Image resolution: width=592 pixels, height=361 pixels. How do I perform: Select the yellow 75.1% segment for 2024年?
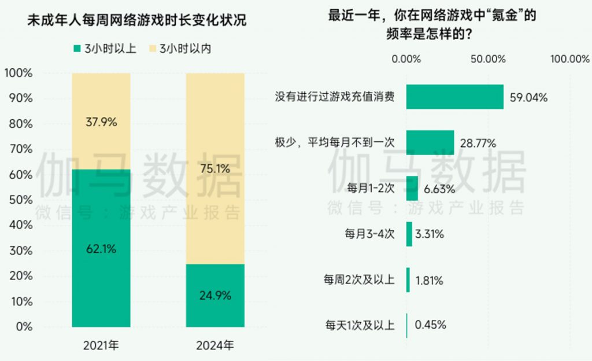pos(215,169)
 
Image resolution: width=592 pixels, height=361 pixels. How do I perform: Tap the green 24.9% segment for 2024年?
pos(215,295)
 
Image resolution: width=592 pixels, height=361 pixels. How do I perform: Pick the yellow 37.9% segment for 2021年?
pos(101,121)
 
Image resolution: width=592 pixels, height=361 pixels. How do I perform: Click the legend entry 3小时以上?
pos(105,49)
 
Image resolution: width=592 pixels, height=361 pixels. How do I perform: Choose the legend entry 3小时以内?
pos(179,49)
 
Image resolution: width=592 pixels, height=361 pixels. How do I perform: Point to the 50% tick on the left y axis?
pos(20,200)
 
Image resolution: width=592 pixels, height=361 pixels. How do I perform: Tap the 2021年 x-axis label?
pos(101,346)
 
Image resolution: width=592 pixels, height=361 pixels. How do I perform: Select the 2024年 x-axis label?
pos(215,346)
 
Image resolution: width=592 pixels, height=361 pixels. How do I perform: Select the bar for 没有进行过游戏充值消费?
pos(454,97)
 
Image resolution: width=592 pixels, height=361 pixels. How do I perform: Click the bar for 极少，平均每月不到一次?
pos(430,142)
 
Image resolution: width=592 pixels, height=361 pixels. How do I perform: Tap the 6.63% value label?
pos(439,189)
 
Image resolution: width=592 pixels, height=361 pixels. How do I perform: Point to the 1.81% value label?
pos(429,281)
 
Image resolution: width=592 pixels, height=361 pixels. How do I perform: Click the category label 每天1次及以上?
pos(360,326)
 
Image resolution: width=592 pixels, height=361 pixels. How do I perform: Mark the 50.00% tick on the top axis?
pos(489,59)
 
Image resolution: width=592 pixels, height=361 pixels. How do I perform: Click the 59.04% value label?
pos(528,97)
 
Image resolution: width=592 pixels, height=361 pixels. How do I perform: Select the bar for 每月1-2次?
pos(412,188)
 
